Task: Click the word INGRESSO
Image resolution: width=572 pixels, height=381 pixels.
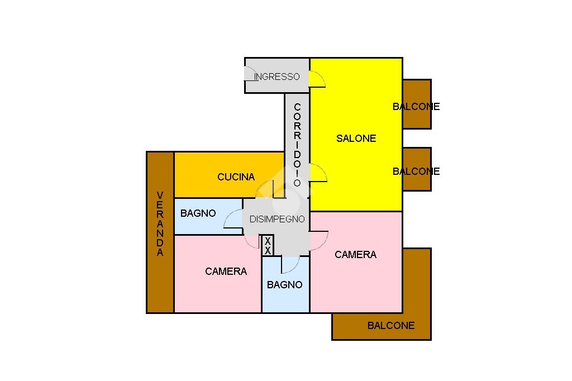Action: pyautogui.click(x=277, y=77)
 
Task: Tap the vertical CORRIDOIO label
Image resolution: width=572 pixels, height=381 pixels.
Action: pyautogui.click(x=297, y=145)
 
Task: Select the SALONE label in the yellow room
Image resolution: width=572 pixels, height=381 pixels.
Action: pyautogui.click(x=356, y=139)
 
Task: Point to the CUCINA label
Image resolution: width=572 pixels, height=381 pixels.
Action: pyautogui.click(x=236, y=177)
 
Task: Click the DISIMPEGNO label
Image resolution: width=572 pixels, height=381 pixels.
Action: pyautogui.click(x=277, y=219)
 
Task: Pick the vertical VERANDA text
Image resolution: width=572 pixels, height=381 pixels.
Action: pyautogui.click(x=160, y=223)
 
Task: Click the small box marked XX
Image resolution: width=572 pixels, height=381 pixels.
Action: pyautogui.click(x=268, y=246)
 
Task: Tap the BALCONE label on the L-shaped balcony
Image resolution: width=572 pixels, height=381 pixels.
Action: pyautogui.click(x=391, y=326)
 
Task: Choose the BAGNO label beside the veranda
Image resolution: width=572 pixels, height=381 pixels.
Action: pyautogui.click(x=198, y=213)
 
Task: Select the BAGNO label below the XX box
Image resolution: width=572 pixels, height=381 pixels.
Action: pyautogui.click(x=284, y=285)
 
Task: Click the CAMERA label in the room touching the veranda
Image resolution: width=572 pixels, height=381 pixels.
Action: pyautogui.click(x=226, y=272)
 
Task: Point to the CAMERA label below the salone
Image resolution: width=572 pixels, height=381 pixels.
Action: pyautogui.click(x=355, y=255)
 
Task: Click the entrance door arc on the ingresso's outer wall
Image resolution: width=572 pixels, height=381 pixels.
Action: pyautogui.click(x=248, y=74)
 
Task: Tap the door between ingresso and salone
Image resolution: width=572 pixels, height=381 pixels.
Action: pyautogui.click(x=317, y=79)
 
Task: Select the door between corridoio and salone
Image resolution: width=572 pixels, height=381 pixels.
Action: pyautogui.click(x=317, y=173)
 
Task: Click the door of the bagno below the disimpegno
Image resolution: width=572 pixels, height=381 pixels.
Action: pyautogui.click(x=291, y=264)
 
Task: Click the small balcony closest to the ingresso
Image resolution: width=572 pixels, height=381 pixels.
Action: pyautogui.click(x=417, y=104)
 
